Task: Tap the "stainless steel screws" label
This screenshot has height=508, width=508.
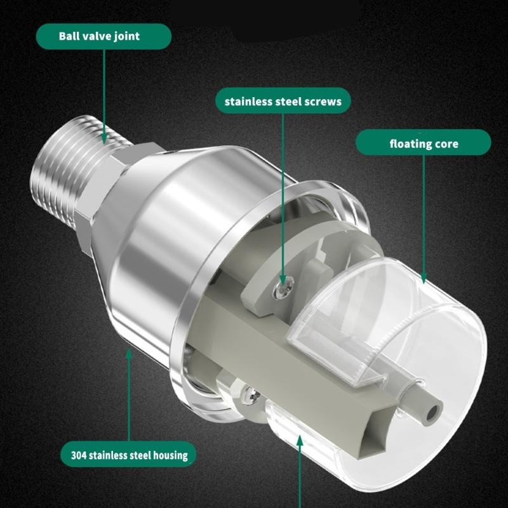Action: (x=283, y=101)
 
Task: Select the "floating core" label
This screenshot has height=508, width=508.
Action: (x=423, y=144)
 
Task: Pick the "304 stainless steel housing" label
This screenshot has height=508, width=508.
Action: (x=129, y=455)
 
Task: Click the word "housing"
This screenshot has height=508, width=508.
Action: (x=168, y=455)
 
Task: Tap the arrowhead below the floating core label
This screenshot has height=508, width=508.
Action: (x=423, y=277)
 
